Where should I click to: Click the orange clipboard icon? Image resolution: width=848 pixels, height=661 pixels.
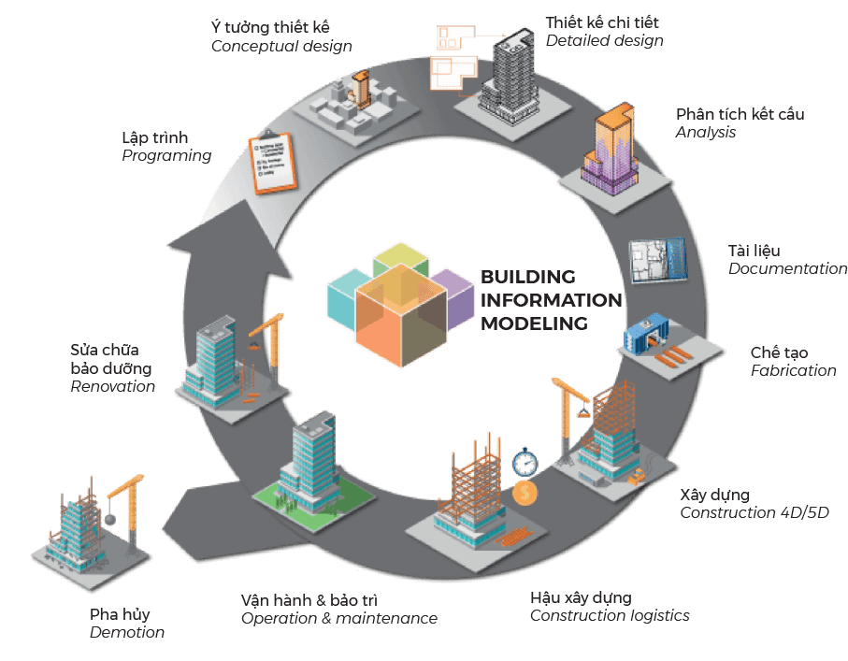[x=273, y=163]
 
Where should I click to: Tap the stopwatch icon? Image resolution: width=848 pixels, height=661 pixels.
[x=525, y=463]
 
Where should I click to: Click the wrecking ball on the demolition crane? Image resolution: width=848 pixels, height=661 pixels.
[x=109, y=519]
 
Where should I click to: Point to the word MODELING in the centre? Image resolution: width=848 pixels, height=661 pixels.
[x=535, y=323]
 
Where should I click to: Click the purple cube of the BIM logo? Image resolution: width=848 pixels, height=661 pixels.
[x=454, y=299]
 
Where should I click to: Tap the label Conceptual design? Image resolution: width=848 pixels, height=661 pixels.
[x=281, y=47]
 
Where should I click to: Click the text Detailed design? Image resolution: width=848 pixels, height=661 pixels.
[x=604, y=40]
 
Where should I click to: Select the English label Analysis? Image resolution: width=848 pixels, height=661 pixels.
[x=705, y=132]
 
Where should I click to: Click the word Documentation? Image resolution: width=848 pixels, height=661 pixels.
[x=787, y=268]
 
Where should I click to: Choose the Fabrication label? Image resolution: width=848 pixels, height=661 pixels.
[x=793, y=370]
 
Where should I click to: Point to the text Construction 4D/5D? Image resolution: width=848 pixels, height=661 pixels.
[x=754, y=512]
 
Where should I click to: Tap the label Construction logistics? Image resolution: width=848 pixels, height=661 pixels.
[x=610, y=615]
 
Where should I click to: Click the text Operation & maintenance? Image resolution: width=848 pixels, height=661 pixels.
[x=339, y=618]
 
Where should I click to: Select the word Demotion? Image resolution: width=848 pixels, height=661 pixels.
[x=127, y=632]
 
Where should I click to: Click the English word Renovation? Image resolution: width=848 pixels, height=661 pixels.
[x=112, y=386]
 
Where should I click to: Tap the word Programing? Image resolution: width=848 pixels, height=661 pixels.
[x=166, y=156]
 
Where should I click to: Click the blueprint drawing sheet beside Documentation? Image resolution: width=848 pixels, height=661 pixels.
[x=658, y=260]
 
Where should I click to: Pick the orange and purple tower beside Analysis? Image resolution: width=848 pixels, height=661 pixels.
[x=610, y=149]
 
